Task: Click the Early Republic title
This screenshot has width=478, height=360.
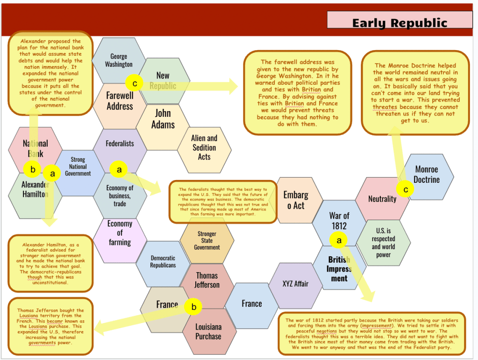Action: pyautogui.click(x=400, y=23)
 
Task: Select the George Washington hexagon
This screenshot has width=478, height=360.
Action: pyautogui.click(x=119, y=60)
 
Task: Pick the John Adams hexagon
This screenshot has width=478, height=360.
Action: pyautogui.click(x=163, y=119)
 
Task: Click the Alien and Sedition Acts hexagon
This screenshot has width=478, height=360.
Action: pyautogui.click(x=204, y=147)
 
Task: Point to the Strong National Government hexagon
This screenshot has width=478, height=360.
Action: pyautogui.click(x=78, y=166)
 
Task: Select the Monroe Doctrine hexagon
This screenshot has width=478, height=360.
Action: pyautogui.click(x=427, y=174)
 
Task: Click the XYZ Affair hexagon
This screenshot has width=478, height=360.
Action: pyautogui.click(x=295, y=284)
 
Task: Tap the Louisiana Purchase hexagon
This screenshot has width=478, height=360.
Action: pyautogui.click(x=208, y=331)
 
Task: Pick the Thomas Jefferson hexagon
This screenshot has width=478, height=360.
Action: pyautogui.click(x=207, y=280)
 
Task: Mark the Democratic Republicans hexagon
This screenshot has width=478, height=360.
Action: pyautogui.click(x=163, y=262)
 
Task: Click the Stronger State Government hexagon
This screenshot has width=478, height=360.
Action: pyautogui.click(x=207, y=240)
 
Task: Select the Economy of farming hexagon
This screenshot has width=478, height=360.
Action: pyautogui.click(x=120, y=233)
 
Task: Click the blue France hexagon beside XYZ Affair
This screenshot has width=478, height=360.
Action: pyautogui.click(x=251, y=304)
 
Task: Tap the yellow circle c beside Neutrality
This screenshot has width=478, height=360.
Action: pyautogui.click(x=405, y=189)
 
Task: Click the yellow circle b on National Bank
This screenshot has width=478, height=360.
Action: pyautogui.click(x=33, y=169)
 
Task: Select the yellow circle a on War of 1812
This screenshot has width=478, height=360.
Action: pyautogui.click(x=339, y=240)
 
